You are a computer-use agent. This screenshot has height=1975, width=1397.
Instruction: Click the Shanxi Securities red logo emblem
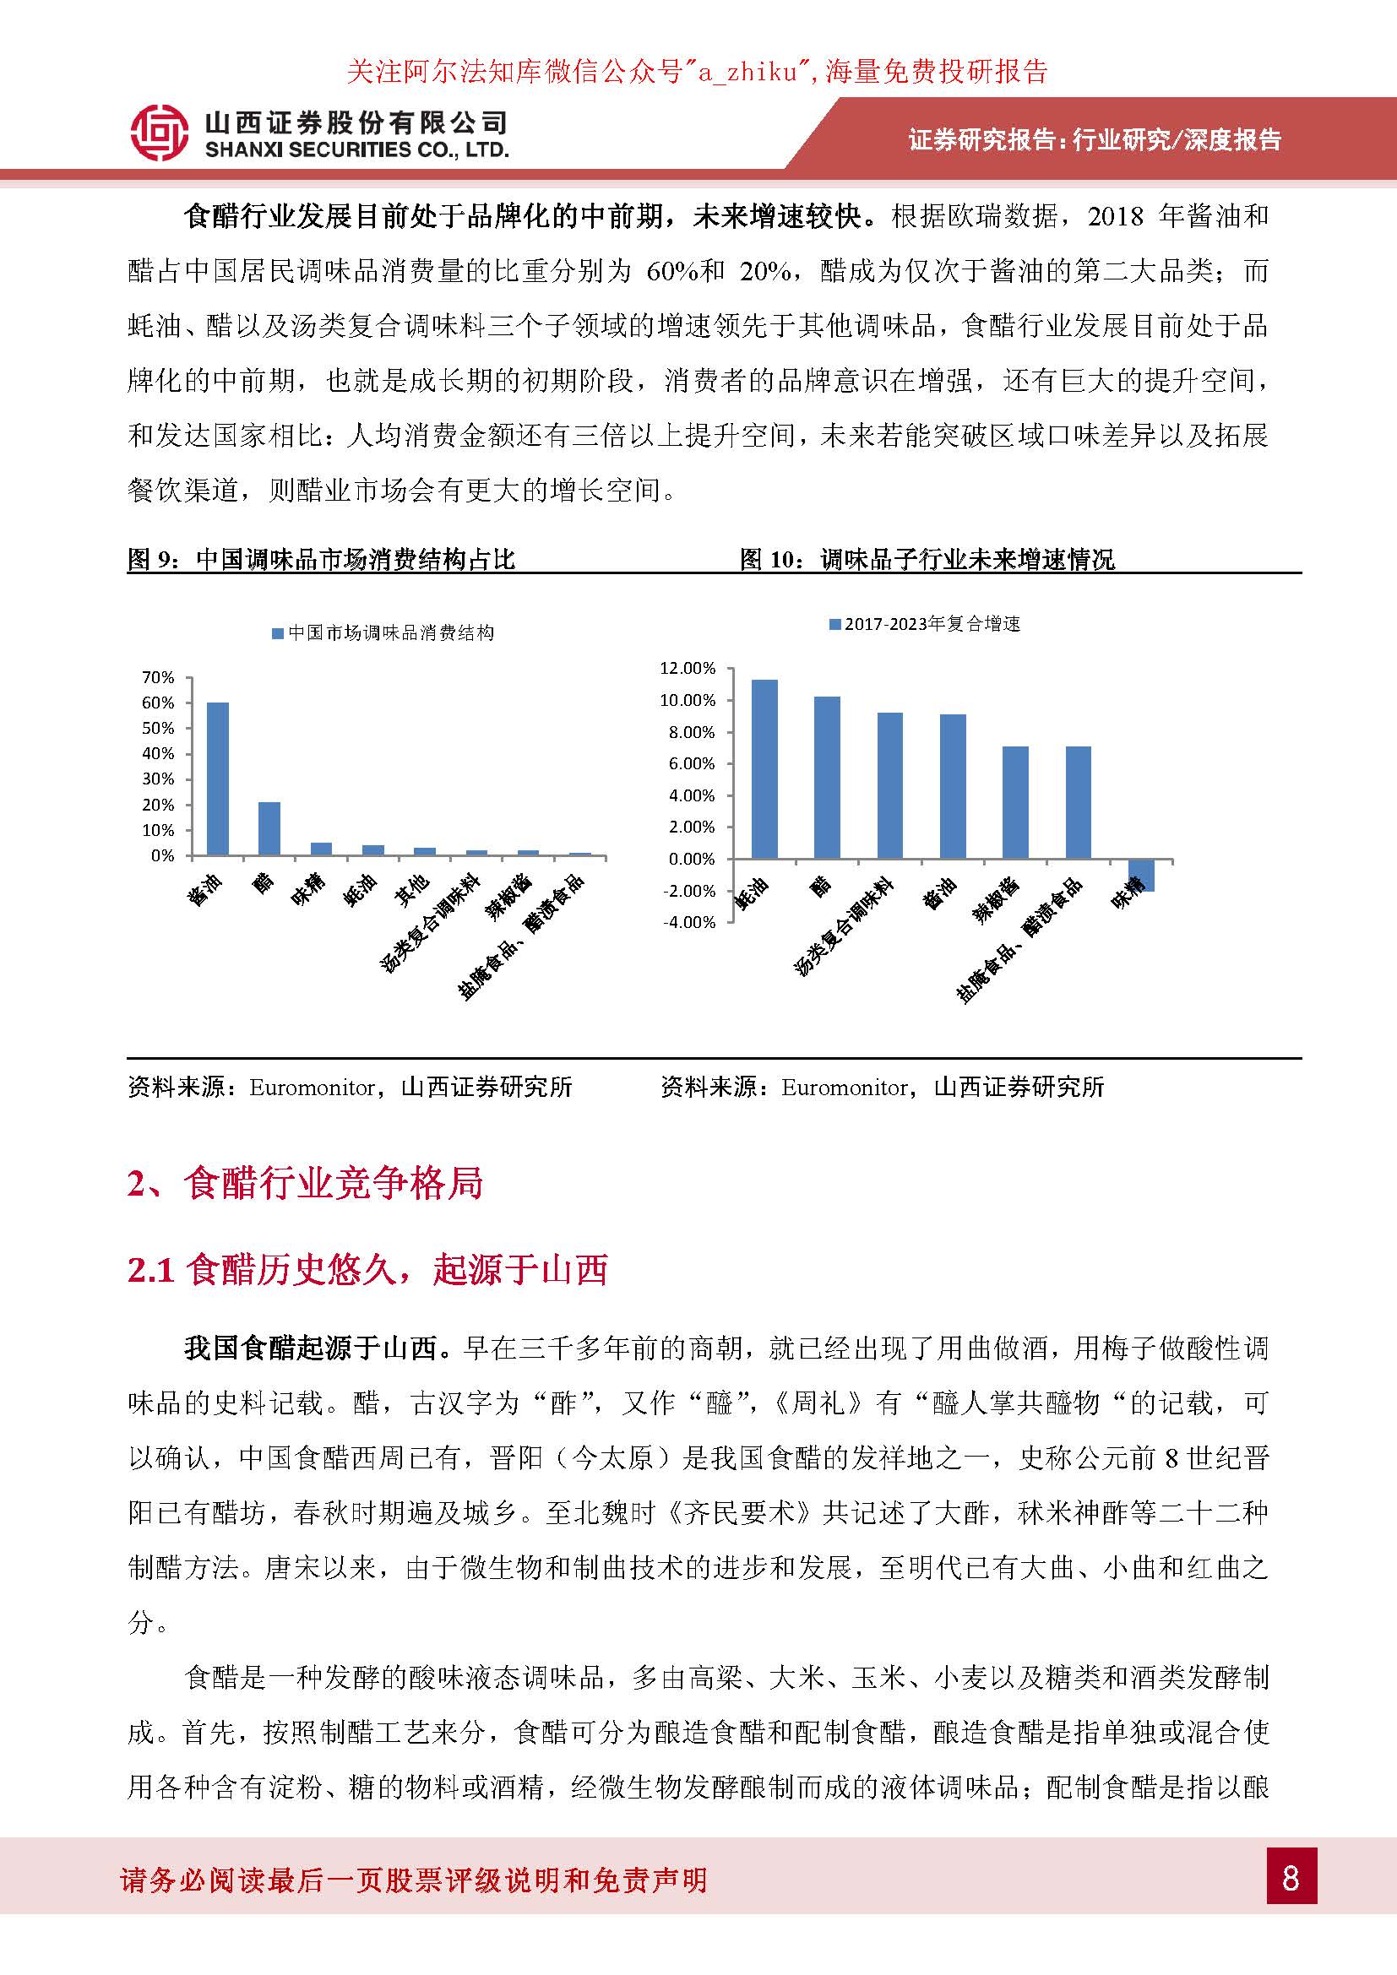pos(159,133)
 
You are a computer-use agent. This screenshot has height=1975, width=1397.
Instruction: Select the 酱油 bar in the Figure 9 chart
pos(218,779)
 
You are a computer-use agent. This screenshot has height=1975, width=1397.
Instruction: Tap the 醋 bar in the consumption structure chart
pos(269,828)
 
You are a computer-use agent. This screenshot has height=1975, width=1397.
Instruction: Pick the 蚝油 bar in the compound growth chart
pos(764,769)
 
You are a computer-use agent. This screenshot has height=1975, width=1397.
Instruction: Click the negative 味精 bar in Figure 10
pos(1142,875)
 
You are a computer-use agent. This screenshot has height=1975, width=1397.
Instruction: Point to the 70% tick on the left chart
pos(158,678)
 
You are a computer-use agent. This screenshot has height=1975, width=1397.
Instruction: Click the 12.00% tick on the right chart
pos(688,669)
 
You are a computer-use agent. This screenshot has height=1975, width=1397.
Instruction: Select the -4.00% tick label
pos(689,922)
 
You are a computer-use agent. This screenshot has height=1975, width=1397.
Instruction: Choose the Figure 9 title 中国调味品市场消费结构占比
pos(356,560)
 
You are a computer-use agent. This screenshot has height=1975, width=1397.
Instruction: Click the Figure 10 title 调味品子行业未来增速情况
pos(967,560)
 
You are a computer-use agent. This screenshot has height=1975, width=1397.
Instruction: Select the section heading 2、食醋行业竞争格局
pos(306,1184)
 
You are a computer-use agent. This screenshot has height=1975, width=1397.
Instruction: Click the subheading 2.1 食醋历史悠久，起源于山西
pos(368,1270)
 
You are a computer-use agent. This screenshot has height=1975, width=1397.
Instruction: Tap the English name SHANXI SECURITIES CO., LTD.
pos(357,150)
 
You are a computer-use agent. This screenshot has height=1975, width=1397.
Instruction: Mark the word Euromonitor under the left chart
pos(312,1088)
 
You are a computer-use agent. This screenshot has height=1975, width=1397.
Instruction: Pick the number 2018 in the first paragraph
pos(1116,216)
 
